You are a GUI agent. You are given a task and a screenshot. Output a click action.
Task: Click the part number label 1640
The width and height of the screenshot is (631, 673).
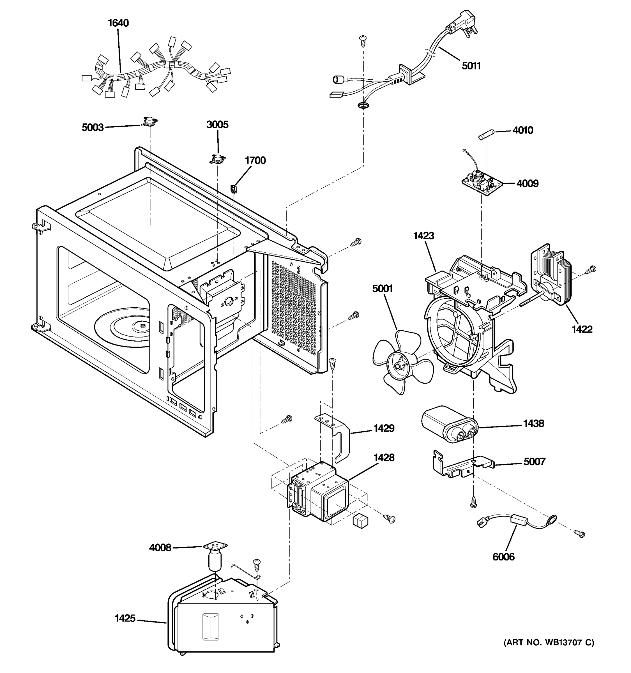click(x=118, y=23)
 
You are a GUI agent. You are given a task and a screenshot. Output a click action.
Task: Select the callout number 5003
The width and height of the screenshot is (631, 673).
click(x=93, y=127)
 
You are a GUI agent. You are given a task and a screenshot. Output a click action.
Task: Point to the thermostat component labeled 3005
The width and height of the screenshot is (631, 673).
click(x=217, y=158)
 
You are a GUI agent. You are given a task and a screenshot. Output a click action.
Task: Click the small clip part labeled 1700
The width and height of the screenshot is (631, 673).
click(x=234, y=188)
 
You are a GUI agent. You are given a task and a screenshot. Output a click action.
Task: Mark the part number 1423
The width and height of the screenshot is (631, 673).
click(x=423, y=235)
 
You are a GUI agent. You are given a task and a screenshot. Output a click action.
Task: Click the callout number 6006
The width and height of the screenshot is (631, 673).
click(x=503, y=557)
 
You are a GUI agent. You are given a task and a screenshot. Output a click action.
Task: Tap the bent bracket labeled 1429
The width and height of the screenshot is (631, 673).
click(x=335, y=437)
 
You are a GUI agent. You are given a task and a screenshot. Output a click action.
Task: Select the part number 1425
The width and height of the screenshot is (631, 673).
click(x=125, y=619)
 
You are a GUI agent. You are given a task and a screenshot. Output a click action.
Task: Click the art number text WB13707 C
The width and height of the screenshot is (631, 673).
click(x=548, y=642)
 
